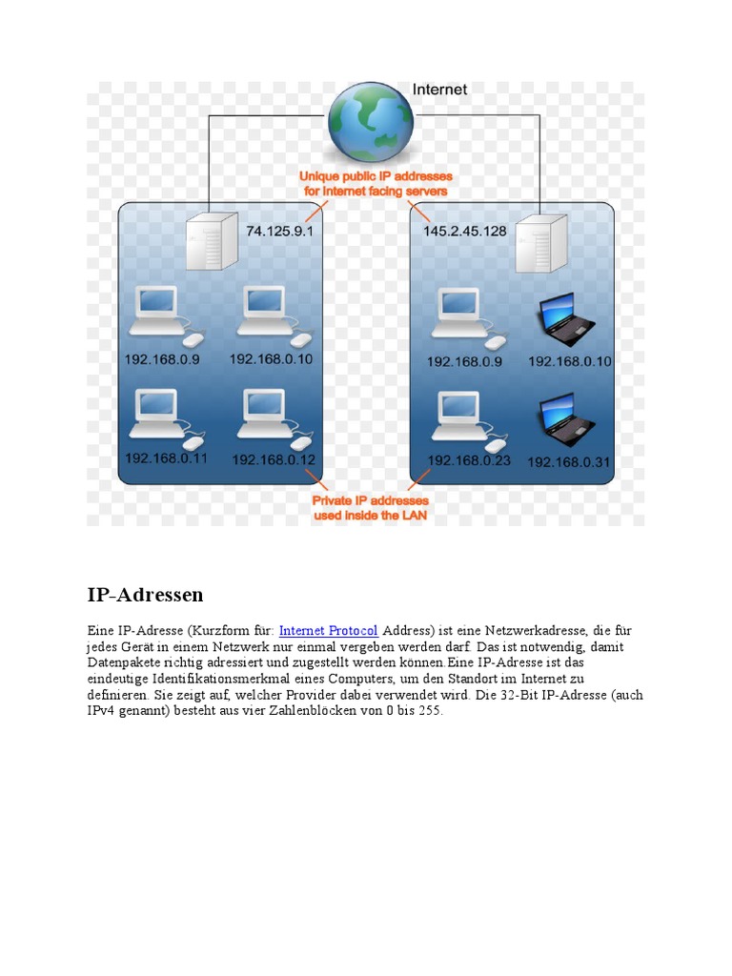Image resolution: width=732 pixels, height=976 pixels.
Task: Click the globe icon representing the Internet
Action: coord(371,122)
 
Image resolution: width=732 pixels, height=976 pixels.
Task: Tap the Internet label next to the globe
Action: coord(439,90)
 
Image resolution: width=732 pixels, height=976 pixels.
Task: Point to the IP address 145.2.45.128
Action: coord(464,232)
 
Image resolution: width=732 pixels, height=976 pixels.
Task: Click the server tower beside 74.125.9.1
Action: coord(211,241)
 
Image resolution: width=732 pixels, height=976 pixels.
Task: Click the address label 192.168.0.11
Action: coord(166,458)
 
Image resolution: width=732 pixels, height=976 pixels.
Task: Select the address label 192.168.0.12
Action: coord(274,459)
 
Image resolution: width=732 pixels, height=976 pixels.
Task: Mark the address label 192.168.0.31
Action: coord(569,462)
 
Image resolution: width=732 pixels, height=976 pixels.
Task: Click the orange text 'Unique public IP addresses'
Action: coord(376,176)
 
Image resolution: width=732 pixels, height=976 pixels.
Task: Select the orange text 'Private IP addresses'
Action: coord(370,500)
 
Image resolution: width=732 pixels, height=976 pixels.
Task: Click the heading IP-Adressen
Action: coord(145,595)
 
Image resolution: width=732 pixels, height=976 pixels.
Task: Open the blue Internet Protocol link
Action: coord(328,631)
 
